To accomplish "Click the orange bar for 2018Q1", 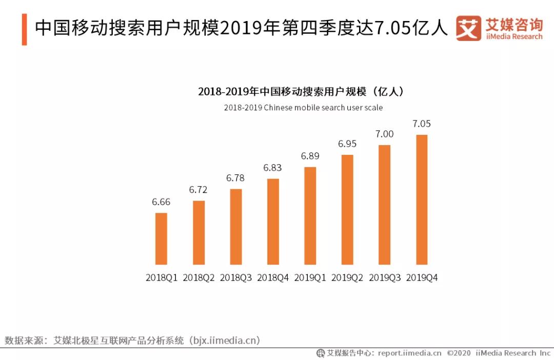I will pos(161,238).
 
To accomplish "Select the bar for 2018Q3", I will pos(236,227).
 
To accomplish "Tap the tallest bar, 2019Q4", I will pos(422,199).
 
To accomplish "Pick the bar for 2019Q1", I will pos(310,215).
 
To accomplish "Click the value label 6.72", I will pos(198,190).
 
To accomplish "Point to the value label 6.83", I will pos(272,168).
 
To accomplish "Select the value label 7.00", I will pos(384,134).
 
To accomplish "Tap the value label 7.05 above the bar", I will pos(422,124).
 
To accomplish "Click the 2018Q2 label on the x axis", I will pos(199,277).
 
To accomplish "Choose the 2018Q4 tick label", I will pos(273,277).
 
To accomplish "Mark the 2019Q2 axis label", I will pos(347,277).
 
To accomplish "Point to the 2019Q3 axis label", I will pos(384,277).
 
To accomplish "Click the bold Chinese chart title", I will pos(302,92).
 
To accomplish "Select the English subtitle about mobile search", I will pos(303,108).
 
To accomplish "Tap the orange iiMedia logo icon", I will pos(468,28).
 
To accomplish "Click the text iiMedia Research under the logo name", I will pos(513,36).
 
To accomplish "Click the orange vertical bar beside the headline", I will pos(24,29).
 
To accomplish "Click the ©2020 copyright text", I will pos(459,353).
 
